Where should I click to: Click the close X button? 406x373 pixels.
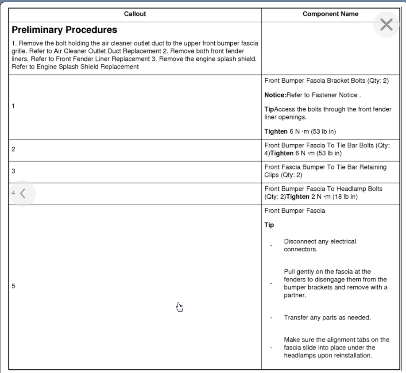[x=386, y=24]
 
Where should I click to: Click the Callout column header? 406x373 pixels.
[x=135, y=14]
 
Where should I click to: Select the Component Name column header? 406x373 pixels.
[x=330, y=14]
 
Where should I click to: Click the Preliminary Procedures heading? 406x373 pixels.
[x=64, y=30]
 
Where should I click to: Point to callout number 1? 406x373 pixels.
[x=13, y=106]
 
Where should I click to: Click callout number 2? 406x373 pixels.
[x=13, y=150]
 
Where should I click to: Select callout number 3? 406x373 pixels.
[x=13, y=171]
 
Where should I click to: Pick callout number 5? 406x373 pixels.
[x=13, y=286]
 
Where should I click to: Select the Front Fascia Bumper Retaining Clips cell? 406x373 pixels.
[x=325, y=171]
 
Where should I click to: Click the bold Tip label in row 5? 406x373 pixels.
[x=269, y=225]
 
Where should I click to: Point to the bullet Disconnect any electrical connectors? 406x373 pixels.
[x=320, y=245]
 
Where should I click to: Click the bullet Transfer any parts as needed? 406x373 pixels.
[x=327, y=318]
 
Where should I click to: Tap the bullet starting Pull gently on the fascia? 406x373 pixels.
[x=335, y=283]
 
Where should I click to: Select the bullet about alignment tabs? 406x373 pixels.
[x=336, y=347]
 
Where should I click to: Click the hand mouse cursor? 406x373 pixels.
[x=179, y=307]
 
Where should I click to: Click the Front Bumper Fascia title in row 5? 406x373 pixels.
[x=295, y=211]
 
